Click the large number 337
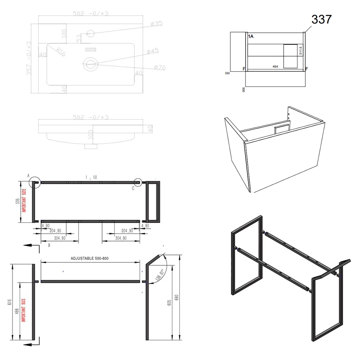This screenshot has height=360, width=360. click(321, 19)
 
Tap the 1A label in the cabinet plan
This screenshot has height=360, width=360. click(251, 36)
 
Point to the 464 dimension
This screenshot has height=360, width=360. click(275, 67)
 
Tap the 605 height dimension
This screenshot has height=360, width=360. click(168, 302)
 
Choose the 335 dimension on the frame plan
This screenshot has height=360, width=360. click(17, 202)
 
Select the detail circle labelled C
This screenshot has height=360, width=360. click(138, 183)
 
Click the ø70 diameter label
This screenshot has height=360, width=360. click(159, 67)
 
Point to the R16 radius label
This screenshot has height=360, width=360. click(61, 52)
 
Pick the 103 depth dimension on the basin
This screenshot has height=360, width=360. click(91, 134)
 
